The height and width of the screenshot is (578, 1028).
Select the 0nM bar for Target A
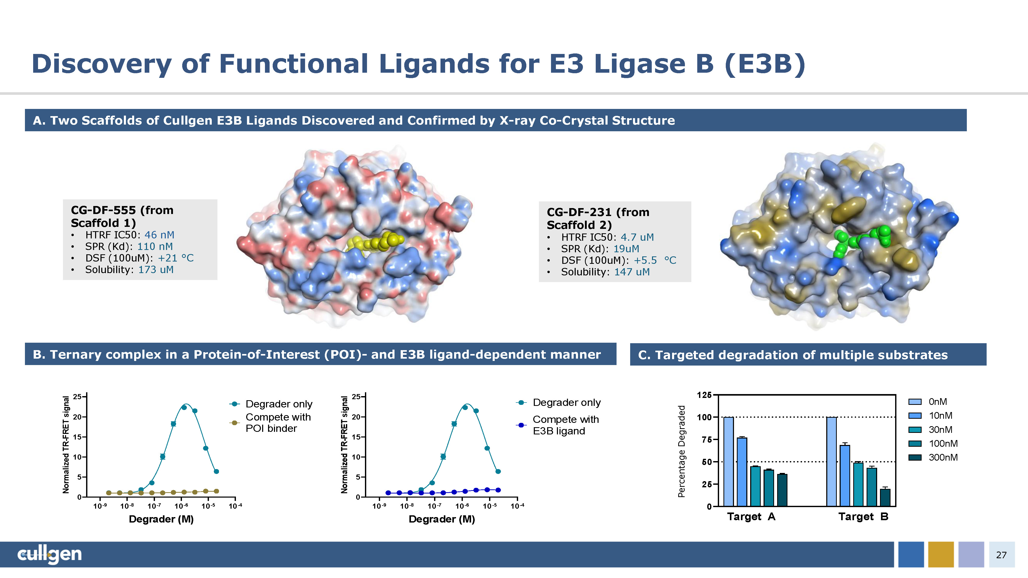(728, 462)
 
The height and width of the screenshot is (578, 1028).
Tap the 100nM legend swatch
(915, 444)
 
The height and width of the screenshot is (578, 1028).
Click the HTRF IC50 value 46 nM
(159, 235)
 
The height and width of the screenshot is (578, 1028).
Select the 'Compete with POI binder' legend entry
(278, 423)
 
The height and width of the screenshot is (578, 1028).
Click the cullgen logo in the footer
(50, 554)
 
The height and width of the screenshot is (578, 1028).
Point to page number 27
(1001, 555)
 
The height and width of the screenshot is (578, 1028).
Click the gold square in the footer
(941, 554)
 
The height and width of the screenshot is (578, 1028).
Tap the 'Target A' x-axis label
(751, 517)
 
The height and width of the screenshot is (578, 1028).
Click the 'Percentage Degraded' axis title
(682, 451)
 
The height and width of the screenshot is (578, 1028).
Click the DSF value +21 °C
(176, 258)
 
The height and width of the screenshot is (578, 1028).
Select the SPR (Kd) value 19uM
(626, 249)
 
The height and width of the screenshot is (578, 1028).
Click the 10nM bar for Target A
(742, 472)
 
